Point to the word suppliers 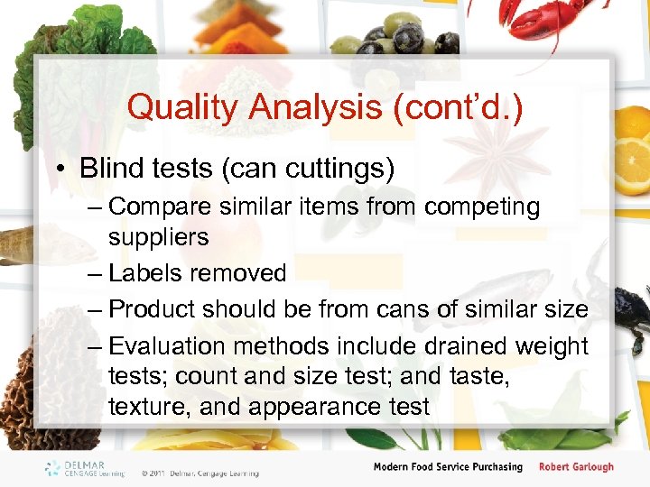(159, 237)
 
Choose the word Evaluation (177, 346)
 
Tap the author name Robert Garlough (576, 467)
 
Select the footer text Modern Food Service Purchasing (448, 467)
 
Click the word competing (482, 207)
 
